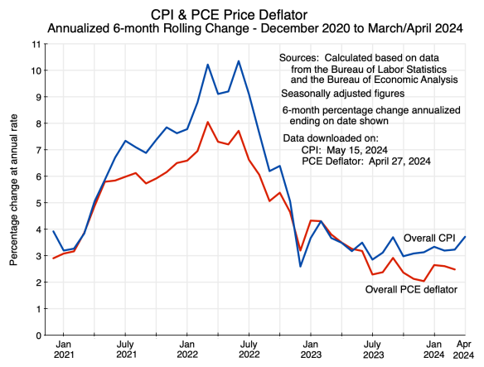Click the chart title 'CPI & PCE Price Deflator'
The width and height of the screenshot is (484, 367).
pos(242,14)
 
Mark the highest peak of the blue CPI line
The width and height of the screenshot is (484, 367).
pos(239,61)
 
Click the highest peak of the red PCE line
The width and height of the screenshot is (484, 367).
pos(208,123)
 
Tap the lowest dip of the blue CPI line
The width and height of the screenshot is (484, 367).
pos(300,266)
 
